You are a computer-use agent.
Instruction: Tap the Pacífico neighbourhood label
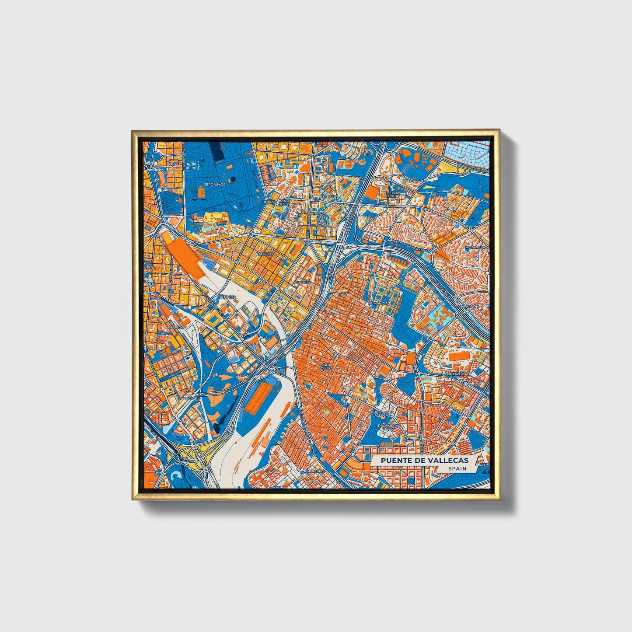coord(264,254)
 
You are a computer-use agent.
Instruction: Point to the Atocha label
coord(228,297)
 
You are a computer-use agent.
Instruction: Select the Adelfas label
coord(303,283)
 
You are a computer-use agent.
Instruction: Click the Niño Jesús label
coord(285,202)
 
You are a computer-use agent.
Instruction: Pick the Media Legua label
coord(393,194)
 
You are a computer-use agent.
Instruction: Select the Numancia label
coord(378,303)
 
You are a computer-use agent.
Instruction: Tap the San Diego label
coord(327,366)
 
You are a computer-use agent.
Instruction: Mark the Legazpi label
coord(191,398)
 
